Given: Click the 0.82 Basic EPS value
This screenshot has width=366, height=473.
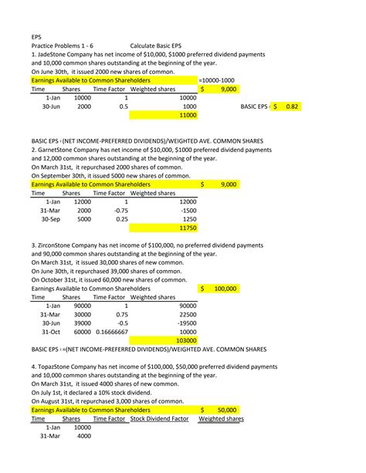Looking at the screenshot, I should click(x=291, y=106).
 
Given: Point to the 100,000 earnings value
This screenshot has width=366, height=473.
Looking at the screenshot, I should click(x=225, y=289).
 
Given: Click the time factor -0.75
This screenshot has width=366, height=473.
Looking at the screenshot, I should click(x=120, y=210).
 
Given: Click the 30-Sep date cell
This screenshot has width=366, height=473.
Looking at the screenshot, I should click(x=50, y=219).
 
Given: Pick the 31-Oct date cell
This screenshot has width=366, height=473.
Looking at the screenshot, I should click(x=50, y=332).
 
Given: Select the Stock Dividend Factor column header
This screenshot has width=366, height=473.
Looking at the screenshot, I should click(x=160, y=419).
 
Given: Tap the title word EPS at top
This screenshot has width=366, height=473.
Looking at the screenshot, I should click(x=37, y=35).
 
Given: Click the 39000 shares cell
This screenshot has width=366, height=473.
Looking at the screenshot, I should click(x=81, y=323).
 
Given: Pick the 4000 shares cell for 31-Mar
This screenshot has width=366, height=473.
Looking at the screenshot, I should click(x=81, y=436).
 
